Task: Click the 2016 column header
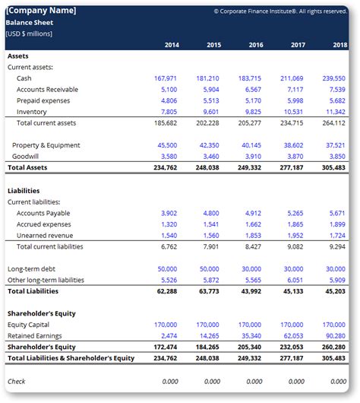(x=256, y=45)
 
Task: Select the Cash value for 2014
(x=166, y=78)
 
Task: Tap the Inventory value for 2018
(x=336, y=112)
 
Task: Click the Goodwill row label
(x=25, y=157)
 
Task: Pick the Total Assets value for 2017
(x=292, y=167)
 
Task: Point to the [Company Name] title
(x=41, y=11)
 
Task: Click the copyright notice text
(x=280, y=11)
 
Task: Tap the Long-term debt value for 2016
(x=251, y=269)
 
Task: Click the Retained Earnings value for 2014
(x=169, y=336)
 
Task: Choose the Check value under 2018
(x=339, y=382)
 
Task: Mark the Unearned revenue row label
(x=45, y=236)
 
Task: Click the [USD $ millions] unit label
(x=29, y=33)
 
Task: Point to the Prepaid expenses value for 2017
(x=295, y=100)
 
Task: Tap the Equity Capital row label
(x=28, y=325)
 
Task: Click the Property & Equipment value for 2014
(x=167, y=145)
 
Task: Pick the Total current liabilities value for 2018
(x=337, y=246)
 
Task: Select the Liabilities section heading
(x=24, y=191)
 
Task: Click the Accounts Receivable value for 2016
(x=253, y=90)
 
